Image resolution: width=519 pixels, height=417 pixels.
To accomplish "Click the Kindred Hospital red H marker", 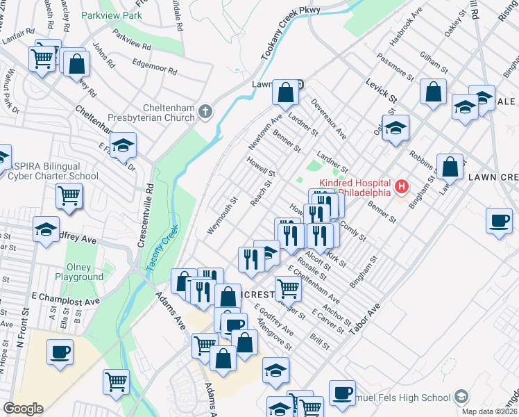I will pyautogui.click(x=400, y=186).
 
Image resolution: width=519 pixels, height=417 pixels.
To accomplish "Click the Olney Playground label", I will pyautogui.click(x=79, y=272).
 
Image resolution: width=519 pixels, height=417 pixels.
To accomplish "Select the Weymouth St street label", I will pyautogui.click(x=222, y=216).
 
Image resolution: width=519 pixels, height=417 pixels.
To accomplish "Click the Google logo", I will pyautogui.click(x=22, y=409).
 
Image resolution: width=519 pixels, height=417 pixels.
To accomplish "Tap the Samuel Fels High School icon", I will pyautogui.click(x=459, y=398).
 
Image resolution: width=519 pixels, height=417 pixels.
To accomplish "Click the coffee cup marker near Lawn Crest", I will pyautogui.click(x=499, y=220).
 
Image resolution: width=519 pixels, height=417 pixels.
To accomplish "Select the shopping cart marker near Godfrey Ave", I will pyautogui.click(x=69, y=195).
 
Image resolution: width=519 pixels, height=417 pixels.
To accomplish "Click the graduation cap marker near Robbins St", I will pyautogui.click(x=395, y=128).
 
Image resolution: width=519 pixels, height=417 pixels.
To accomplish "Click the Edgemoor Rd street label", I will pyautogui.click(x=153, y=70).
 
